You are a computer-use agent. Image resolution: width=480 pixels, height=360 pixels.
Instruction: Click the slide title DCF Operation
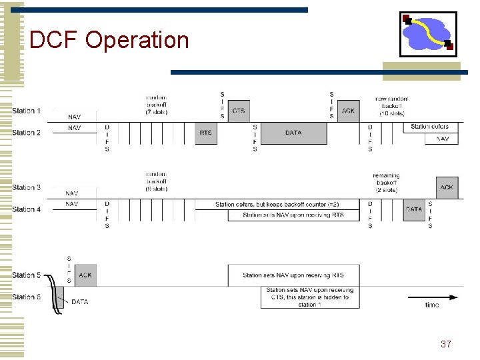point(109,40)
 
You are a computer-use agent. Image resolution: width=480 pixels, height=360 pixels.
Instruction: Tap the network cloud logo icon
point(428,33)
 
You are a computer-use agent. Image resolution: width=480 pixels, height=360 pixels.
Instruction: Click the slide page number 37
point(446,344)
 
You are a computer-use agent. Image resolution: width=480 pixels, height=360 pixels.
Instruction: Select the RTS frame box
point(206,133)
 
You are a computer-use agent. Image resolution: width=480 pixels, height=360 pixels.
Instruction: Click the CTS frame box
point(238,111)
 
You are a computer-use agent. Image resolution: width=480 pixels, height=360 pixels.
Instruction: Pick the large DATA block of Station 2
point(293,133)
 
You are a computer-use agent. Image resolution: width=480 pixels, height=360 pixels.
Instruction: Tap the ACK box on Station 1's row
point(348,111)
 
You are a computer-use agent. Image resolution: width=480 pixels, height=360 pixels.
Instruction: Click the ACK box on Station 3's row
point(447,187)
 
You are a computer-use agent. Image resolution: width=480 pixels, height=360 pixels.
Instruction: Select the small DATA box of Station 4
point(414,209)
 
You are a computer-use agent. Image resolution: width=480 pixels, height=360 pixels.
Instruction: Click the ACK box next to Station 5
point(85,275)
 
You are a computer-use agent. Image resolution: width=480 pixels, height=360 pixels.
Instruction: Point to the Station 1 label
point(26,111)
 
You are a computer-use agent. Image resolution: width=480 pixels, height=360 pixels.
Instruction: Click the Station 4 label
point(26,209)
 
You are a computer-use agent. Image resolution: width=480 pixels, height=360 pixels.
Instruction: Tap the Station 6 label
point(26,297)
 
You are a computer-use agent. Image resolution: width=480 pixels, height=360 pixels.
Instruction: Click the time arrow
point(433,297)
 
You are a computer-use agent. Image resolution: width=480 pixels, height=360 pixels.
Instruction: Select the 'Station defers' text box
point(430,127)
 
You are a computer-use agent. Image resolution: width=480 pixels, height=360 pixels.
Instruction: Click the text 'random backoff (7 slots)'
point(156,105)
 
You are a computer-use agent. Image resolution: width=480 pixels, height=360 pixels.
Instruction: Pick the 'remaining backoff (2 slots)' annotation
point(386,183)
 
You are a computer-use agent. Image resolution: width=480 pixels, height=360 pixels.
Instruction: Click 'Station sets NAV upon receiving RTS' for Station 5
point(294,275)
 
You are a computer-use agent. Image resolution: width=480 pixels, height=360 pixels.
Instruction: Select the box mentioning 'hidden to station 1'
point(310,297)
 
